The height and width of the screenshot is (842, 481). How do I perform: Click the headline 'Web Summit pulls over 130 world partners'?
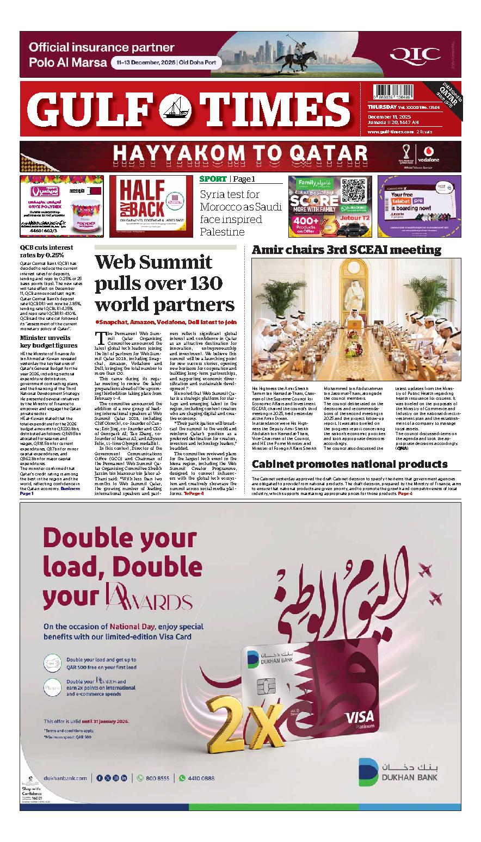[164, 283]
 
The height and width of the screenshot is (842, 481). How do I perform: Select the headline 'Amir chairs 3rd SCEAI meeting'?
[346, 250]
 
